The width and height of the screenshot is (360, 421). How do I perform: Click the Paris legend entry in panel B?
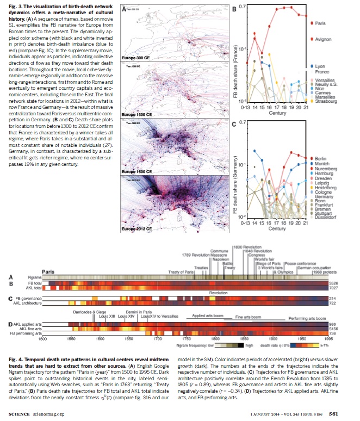coord(320,23)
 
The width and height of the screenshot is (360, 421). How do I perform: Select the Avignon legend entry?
coord(322,40)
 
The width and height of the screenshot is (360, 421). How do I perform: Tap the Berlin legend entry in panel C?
coord(321,158)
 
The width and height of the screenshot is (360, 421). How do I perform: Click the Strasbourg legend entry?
coord(325,101)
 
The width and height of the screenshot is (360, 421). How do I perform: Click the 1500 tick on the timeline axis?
coord(42,338)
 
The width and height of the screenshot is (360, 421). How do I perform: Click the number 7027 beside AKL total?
coord(333,288)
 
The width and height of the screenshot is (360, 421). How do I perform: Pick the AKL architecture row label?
coord(28,303)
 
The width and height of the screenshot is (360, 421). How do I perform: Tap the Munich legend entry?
coord(322,163)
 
